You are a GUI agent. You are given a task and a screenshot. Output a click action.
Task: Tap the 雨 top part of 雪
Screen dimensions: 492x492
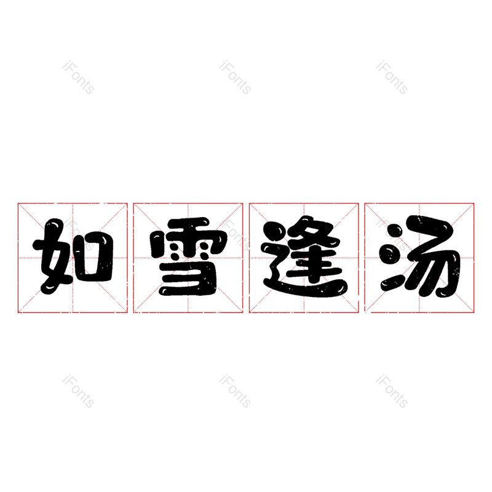coord(188,241)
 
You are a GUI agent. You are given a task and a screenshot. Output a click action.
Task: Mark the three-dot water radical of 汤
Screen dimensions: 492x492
coord(391,258)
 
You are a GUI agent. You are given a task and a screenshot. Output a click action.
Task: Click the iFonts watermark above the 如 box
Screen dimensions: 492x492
coord(78,77)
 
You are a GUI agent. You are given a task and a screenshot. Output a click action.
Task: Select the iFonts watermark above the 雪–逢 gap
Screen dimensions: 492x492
coord(235,77)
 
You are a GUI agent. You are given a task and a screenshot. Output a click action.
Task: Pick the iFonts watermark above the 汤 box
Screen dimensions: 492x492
coord(392,77)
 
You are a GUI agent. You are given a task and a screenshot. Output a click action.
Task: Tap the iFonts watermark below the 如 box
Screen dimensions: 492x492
coord(78,392)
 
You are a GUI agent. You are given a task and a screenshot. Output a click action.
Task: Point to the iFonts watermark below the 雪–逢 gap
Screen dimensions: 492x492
coord(235,392)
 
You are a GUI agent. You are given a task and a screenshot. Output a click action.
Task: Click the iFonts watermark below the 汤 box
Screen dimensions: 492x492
coord(392,392)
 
